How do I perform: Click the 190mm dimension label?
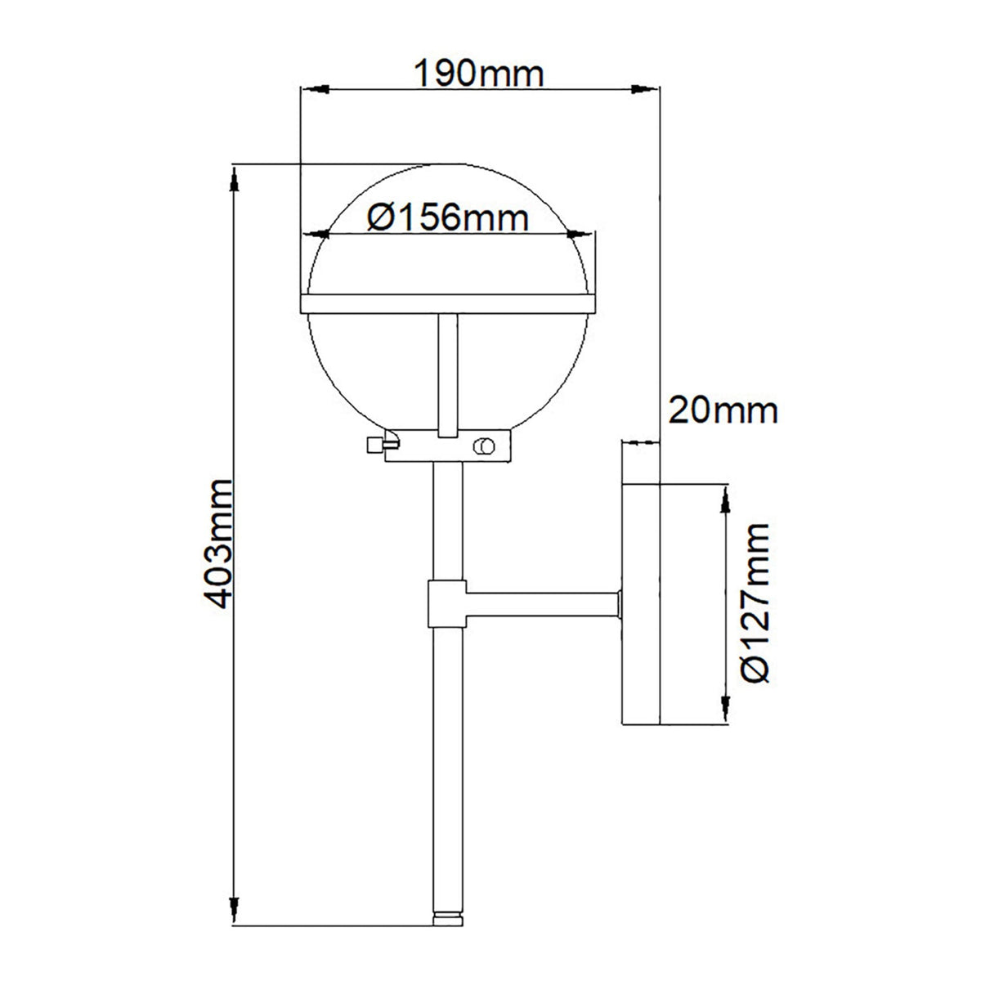[x=479, y=74]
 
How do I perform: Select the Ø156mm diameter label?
[x=446, y=217]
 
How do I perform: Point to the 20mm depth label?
[x=723, y=410]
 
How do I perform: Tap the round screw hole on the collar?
[x=485, y=446]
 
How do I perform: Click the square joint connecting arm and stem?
[x=446, y=604]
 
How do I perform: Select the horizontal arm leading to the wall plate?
[x=540, y=605]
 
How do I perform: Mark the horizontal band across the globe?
[x=446, y=303]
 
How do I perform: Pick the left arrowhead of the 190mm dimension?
[x=314, y=88]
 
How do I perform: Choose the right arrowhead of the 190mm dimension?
[x=646, y=88]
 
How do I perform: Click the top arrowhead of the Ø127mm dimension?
[x=724, y=497]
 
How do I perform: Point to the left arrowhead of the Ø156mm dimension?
[x=315, y=235]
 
